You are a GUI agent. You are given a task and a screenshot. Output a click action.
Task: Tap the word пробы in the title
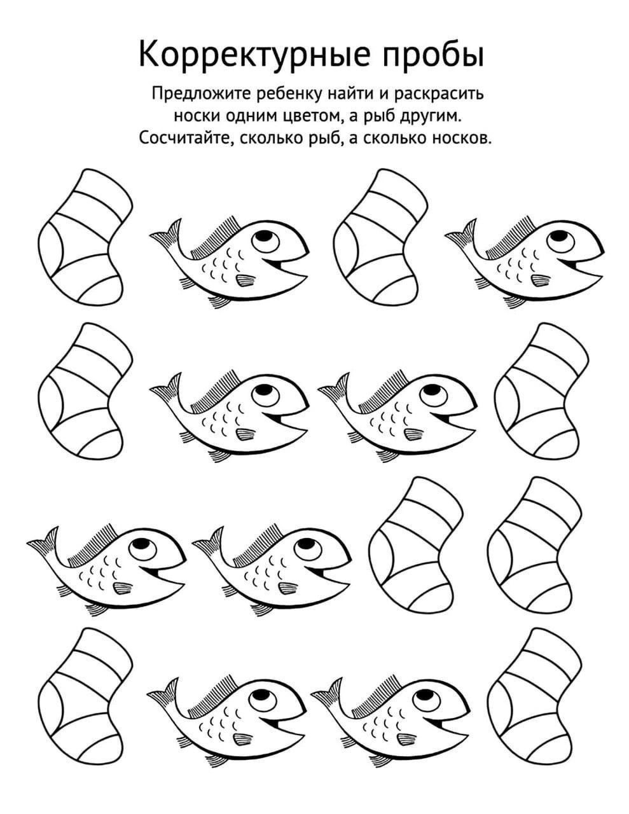tap(434, 55)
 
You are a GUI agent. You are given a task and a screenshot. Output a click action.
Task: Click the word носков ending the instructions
tap(461, 139)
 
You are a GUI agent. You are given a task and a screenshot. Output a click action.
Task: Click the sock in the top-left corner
tap(85, 237)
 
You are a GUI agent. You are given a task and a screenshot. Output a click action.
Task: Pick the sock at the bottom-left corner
tap(85, 696)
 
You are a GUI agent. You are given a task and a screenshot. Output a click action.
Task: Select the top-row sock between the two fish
tap(380, 237)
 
